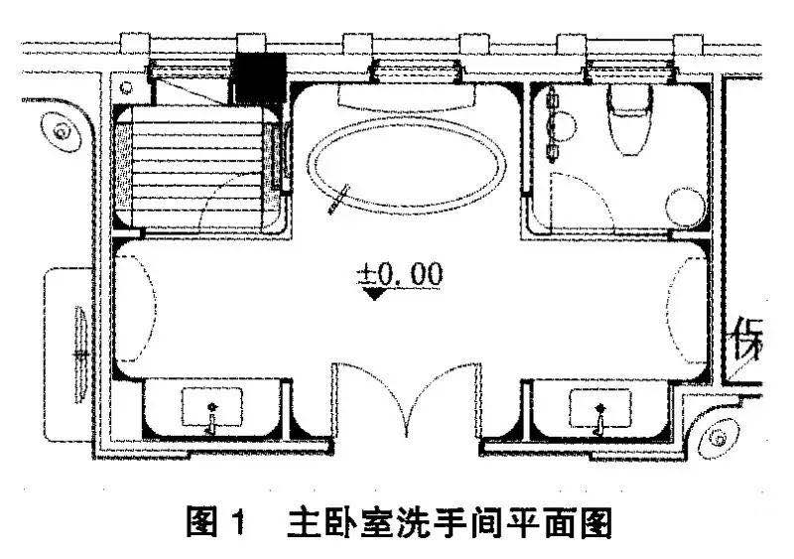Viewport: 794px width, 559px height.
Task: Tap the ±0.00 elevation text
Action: click(401, 274)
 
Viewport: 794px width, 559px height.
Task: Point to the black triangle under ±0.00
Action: click(374, 294)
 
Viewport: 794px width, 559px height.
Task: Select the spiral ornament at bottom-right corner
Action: click(717, 434)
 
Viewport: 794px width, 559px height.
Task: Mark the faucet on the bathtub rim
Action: click(339, 198)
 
